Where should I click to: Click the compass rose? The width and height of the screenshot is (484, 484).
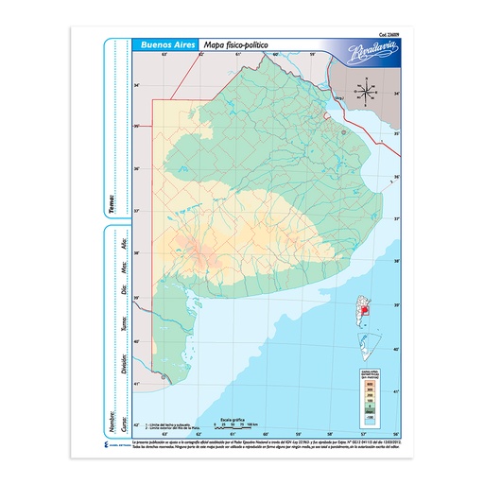[360, 90]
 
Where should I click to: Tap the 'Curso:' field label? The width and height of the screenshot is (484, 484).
[124, 418]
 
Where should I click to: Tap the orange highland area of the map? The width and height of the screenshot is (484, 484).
[201, 251]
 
